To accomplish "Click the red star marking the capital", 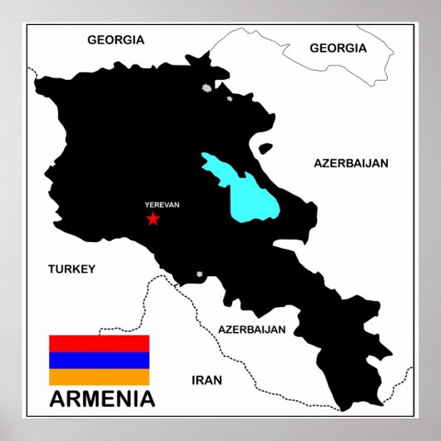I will click(x=152, y=219).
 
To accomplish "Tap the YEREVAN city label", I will click(x=161, y=205).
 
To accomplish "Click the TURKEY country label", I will click(x=72, y=269).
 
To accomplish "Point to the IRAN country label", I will click(x=207, y=380).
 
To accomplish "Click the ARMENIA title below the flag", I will click(x=102, y=399).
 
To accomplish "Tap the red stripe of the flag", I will click(x=99, y=343).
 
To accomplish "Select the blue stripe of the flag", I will click(x=99, y=360).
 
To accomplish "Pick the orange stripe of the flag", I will click(x=99, y=377).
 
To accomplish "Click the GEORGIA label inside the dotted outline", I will click(x=338, y=48).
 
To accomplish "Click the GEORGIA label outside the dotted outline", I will click(x=116, y=39).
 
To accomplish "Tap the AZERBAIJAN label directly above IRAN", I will click(x=251, y=329).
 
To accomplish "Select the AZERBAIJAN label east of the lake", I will click(x=351, y=163).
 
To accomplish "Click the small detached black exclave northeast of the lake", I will click(x=265, y=151).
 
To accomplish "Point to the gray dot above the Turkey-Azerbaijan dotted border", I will click(x=199, y=275).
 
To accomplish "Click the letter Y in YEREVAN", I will click(x=146, y=205).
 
